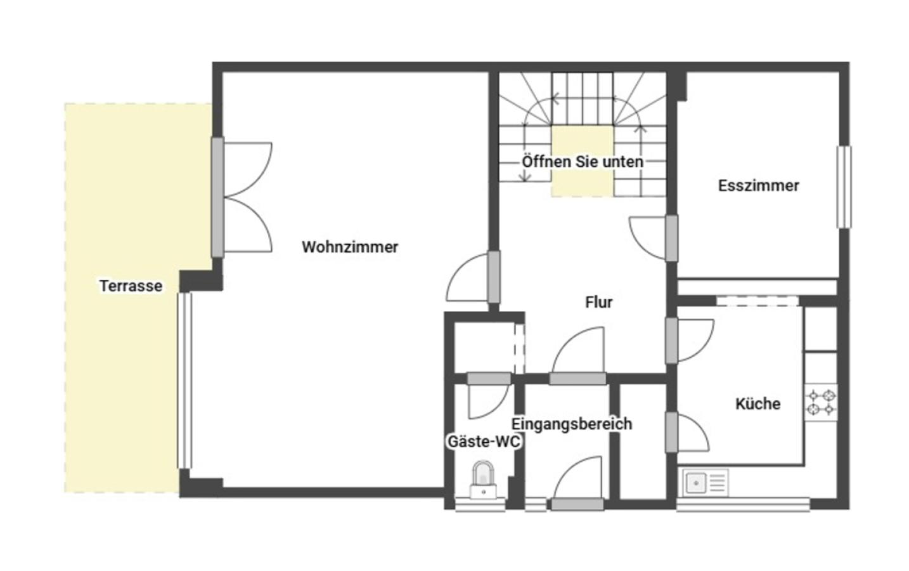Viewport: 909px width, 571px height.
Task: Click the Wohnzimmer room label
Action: click(350, 247)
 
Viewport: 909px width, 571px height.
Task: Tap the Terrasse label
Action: click(131, 286)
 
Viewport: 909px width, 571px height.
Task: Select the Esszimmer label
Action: click(758, 186)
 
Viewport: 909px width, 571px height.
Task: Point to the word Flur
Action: click(598, 302)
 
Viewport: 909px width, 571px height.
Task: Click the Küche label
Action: click(757, 404)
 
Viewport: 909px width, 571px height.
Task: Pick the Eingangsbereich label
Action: click(571, 424)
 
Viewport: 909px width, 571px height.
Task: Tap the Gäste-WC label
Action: click(484, 442)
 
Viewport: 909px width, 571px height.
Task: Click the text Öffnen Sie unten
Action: click(583, 162)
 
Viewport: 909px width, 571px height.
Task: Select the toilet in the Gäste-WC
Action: click(483, 480)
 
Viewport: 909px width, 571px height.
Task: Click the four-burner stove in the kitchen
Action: click(821, 402)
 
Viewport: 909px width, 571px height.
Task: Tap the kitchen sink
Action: click(706, 483)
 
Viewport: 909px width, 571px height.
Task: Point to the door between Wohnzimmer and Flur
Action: click(473, 277)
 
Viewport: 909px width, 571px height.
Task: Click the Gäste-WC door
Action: click(489, 395)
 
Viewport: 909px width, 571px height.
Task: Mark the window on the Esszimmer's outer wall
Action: click(844, 187)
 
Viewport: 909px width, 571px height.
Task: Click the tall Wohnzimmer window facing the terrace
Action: click(184, 381)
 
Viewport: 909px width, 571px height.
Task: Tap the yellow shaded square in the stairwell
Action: click(582, 161)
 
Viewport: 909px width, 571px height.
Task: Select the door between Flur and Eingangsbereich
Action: click(578, 356)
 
